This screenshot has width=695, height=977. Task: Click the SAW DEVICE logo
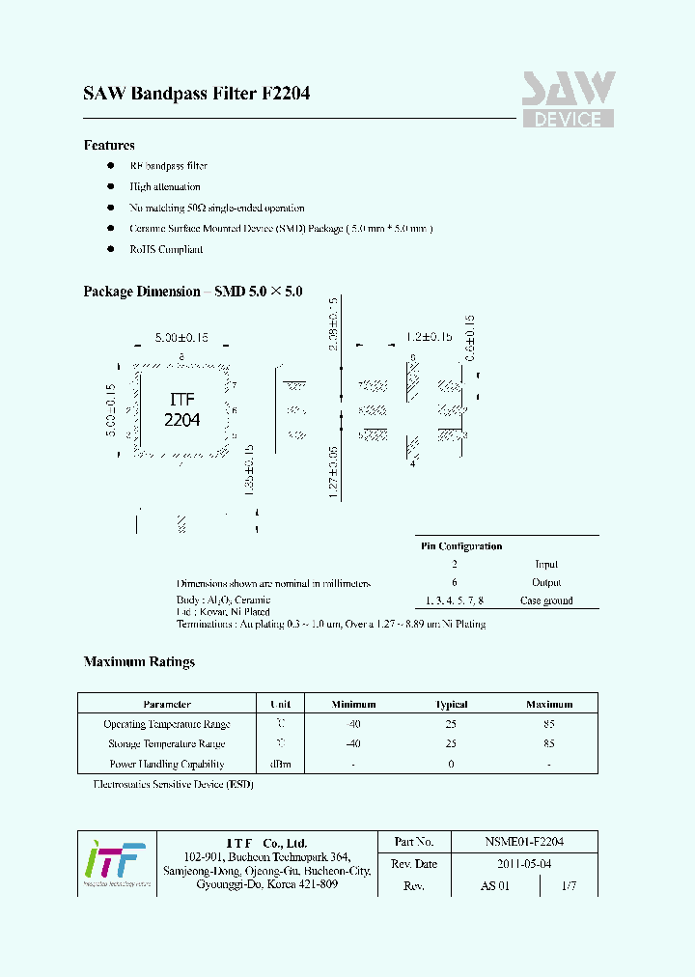[568, 100]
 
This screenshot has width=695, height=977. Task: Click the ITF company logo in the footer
[115, 861]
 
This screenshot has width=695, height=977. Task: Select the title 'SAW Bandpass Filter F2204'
[196, 95]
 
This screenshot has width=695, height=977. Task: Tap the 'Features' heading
[109, 146]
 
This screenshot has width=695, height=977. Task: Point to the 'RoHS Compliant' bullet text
[166, 249]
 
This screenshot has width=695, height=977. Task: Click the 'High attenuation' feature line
[165, 187]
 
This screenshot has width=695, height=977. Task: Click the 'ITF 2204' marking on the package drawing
[181, 409]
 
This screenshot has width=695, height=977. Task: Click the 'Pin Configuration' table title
[461, 546]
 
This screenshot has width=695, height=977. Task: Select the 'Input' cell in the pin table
[546, 565]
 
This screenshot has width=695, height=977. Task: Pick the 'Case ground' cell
[546, 600]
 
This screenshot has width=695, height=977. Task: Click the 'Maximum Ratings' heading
[139, 662]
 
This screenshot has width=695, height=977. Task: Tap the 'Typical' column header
[452, 705]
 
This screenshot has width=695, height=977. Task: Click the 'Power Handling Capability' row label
[166, 764]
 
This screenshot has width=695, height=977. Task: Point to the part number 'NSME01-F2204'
[524, 842]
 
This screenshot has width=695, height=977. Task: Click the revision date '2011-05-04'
[524, 864]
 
